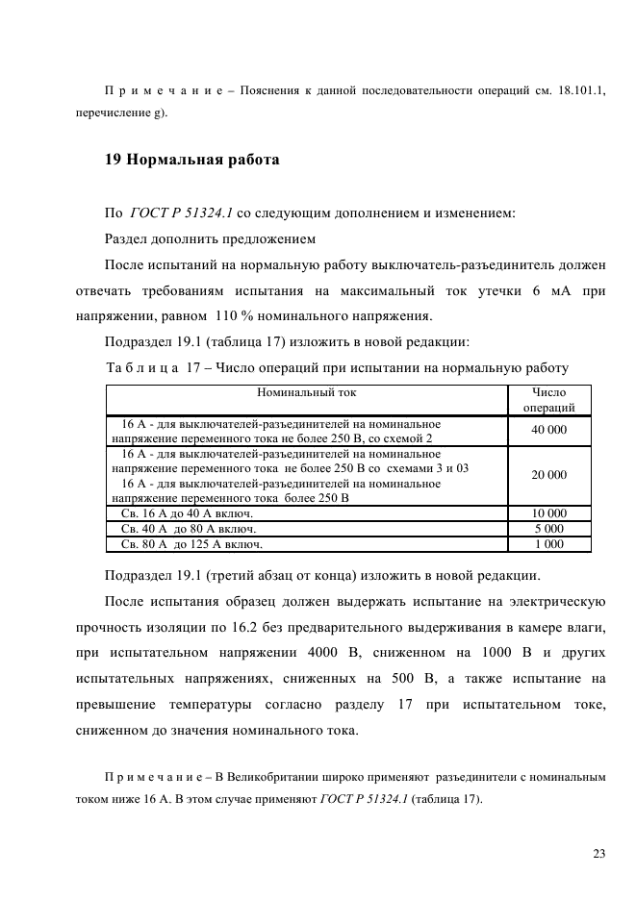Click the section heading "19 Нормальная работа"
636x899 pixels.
(191, 160)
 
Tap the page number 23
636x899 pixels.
(598, 853)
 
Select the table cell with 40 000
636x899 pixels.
(548, 430)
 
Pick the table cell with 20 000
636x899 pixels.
(548, 475)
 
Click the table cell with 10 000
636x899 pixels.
(548, 513)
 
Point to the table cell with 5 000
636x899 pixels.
(548, 529)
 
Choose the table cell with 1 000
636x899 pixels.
(548, 544)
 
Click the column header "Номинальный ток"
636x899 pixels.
(307, 392)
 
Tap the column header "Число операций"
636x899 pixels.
(548, 400)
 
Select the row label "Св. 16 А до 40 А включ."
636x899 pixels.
(180, 513)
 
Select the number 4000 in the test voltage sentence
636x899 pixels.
(340, 654)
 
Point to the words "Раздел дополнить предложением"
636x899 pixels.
(210, 237)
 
